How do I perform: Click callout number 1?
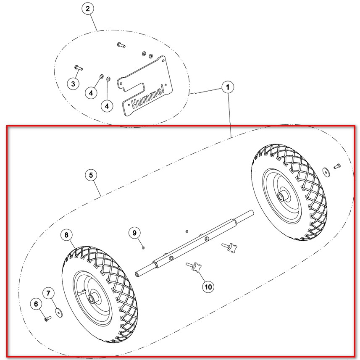(x=228, y=87)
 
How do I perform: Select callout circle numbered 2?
(x=88, y=9)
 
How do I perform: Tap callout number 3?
(x=73, y=84)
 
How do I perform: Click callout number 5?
(x=91, y=175)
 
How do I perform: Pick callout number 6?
(x=36, y=304)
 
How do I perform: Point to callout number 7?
(x=48, y=293)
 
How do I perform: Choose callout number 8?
(x=67, y=235)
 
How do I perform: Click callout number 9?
(x=134, y=233)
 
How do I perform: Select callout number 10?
(x=208, y=287)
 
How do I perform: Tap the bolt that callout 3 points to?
(x=79, y=68)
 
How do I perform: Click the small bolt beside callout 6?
(x=48, y=319)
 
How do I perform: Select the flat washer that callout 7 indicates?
(x=59, y=313)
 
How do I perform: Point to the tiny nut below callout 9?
(x=143, y=247)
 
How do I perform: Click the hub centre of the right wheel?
(x=280, y=197)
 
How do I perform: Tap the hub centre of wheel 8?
(x=92, y=299)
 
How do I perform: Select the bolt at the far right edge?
(x=337, y=166)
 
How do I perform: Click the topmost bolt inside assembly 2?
(x=121, y=45)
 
